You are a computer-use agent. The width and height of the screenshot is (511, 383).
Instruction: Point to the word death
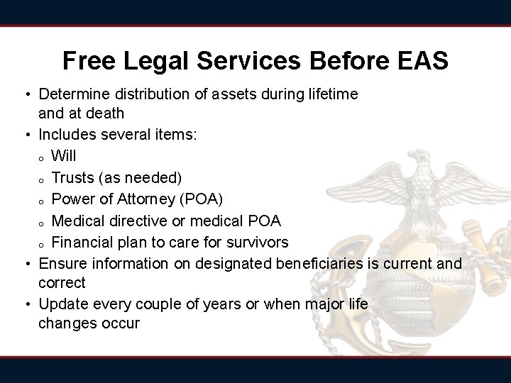coord(104,113)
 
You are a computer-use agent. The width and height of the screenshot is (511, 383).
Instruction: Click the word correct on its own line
coord(62,282)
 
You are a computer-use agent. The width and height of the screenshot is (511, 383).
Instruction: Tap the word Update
coord(61,304)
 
